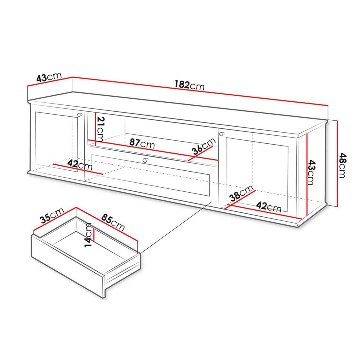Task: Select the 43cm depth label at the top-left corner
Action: coord(49,77)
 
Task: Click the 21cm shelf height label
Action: coord(100,129)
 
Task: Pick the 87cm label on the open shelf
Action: coord(142,144)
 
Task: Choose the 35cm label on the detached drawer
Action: coord(52,215)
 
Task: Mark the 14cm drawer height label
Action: coord(88,235)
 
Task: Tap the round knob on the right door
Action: coord(222,134)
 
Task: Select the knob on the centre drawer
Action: coord(145,160)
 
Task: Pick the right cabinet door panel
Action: coord(256,172)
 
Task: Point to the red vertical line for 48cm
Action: coord(338,163)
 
